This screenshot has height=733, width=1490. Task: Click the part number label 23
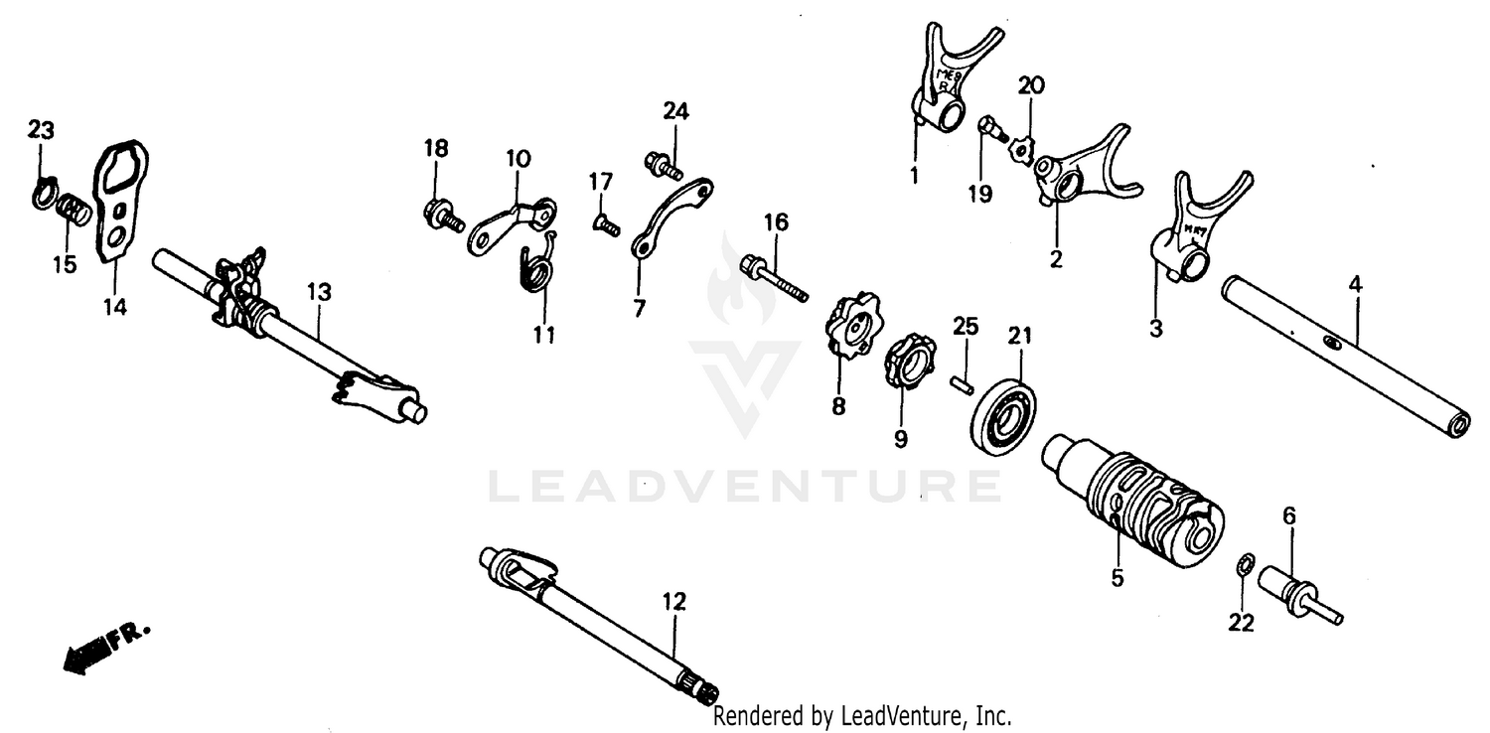pyautogui.click(x=41, y=130)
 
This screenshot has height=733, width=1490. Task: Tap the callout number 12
pyautogui.click(x=674, y=601)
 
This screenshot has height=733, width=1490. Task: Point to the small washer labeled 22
pyautogui.click(x=1242, y=566)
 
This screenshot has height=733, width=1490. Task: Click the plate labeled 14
pyautogui.click(x=118, y=203)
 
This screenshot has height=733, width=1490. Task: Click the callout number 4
pyautogui.click(x=1356, y=284)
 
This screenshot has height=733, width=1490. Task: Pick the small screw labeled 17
pyautogui.click(x=605, y=225)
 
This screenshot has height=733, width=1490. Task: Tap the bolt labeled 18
pyautogui.click(x=443, y=214)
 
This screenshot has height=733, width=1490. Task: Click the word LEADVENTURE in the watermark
pyautogui.click(x=745, y=487)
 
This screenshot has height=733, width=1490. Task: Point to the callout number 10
pyautogui.click(x=518, y=159)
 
